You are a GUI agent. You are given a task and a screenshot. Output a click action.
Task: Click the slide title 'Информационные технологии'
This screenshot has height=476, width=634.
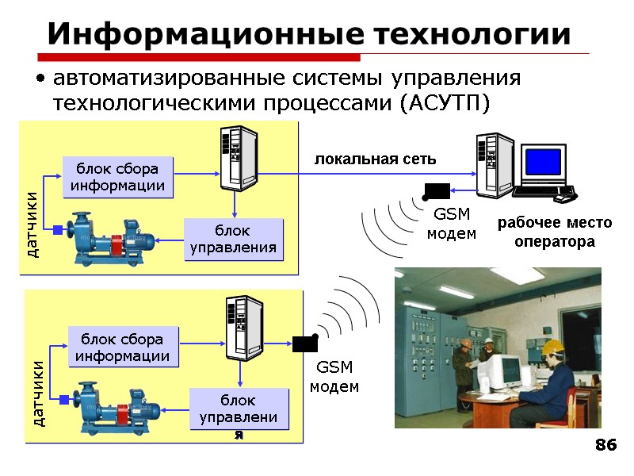click(x=308, y=34)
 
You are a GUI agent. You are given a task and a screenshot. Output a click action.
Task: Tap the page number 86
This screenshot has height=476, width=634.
click(x=605, y=446)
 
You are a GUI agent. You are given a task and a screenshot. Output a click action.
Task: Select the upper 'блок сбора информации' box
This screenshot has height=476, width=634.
click(x=117, y=177)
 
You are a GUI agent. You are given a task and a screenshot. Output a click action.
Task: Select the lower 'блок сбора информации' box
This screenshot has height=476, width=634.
click(x=123, y=347)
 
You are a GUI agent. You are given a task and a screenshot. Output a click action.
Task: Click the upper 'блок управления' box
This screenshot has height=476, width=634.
click(x=233, y=240)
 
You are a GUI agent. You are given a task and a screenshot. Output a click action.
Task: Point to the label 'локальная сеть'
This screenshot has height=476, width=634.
click(x=376, y=159)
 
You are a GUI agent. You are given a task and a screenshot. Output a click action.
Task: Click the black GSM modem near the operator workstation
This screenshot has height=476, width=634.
click(x=437, y=191)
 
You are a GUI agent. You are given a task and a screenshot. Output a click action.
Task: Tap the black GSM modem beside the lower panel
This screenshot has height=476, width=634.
click(x=304, y=344)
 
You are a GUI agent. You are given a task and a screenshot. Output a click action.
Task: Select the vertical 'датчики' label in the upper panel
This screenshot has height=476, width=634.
click(x=32, y=224)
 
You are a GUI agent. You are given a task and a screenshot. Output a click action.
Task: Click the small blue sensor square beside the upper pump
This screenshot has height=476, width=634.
click(x=58, y=230)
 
